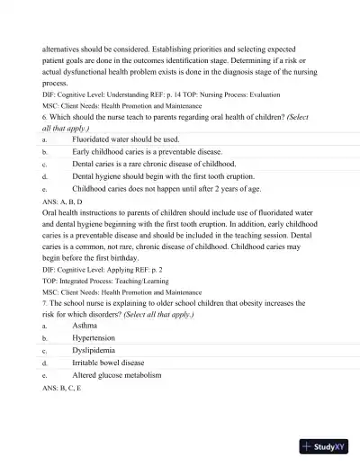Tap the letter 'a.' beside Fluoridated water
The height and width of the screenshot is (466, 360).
[x=45, y=140]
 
